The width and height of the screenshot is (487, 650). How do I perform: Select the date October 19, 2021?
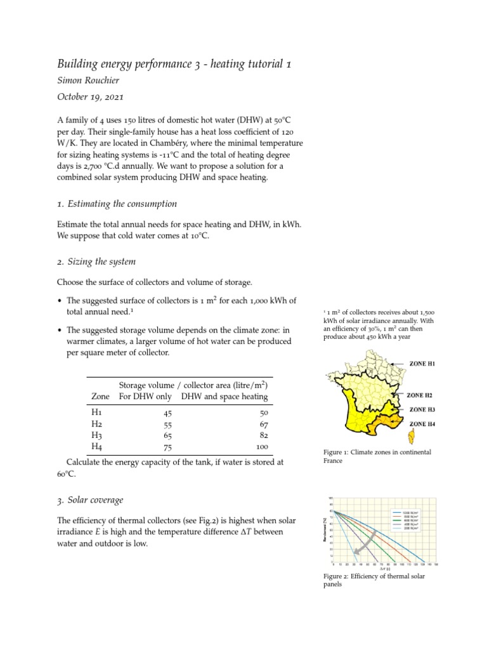coord(90,98)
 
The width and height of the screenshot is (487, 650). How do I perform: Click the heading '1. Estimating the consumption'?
coord(117,204)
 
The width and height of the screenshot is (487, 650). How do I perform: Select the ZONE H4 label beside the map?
coord(422,423)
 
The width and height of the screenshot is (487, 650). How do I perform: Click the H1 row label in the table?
coord(97,412)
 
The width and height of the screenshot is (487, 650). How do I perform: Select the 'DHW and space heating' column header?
coord(224,397)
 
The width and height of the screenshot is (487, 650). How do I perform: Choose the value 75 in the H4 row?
coord(167,448)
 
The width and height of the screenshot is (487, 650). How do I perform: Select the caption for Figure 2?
coord(374,580)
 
